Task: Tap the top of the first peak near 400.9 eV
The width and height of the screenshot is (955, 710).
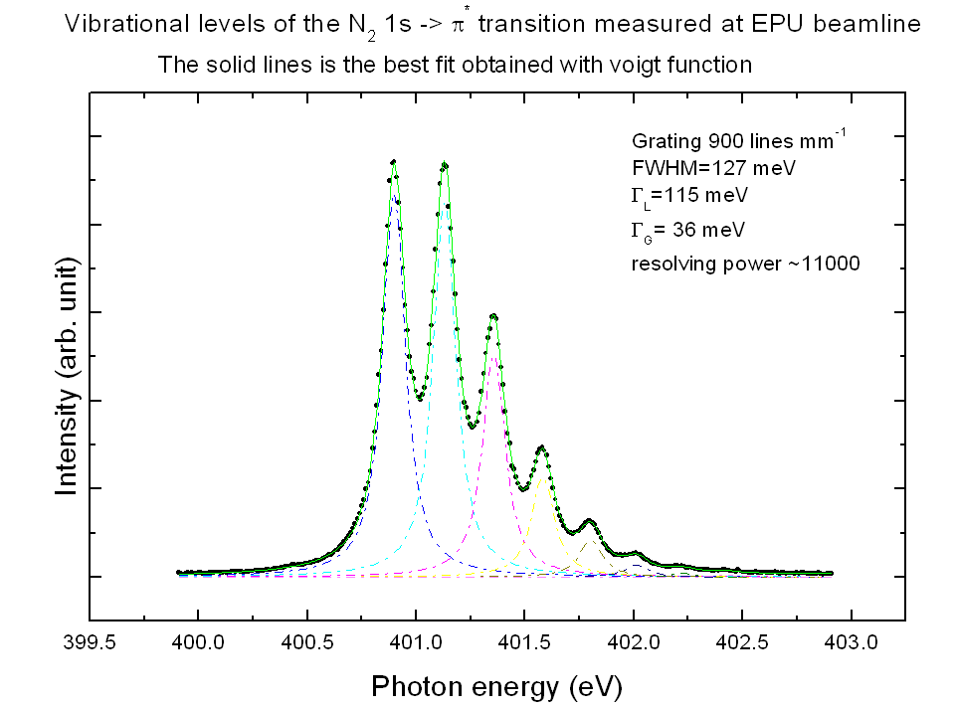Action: [x=394, y=162]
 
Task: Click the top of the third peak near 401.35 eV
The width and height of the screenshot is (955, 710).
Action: [x=493, y=315]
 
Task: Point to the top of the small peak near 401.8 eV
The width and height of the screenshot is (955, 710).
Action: [x=590, y=520]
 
